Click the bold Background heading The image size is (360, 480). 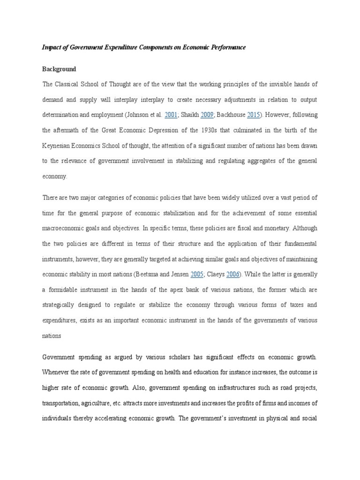click(59, 69)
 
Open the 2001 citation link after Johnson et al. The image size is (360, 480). click(171, 115)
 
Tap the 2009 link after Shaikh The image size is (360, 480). click(207, 115)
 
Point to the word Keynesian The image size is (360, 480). click(57, 145)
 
